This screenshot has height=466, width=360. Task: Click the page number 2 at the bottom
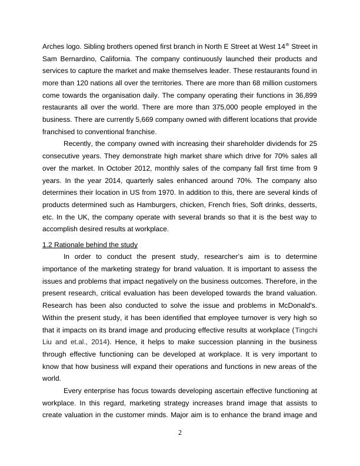tap(180, 433)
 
